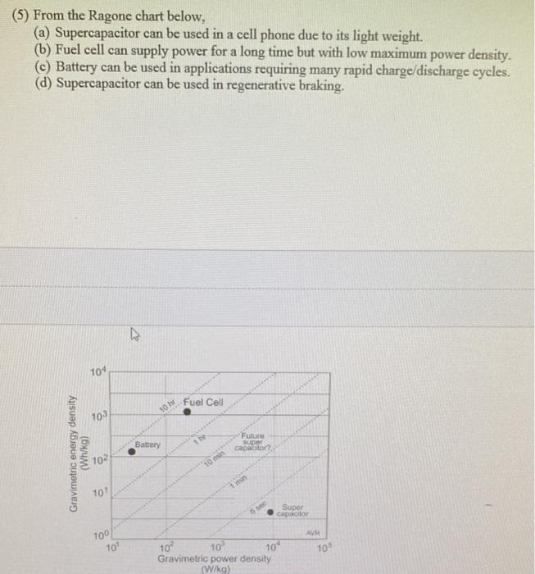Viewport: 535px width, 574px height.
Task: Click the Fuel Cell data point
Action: pos(187,413)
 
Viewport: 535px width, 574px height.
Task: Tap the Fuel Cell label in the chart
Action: pos(203,402)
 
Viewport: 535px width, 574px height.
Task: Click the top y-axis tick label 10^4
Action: pos(97,373)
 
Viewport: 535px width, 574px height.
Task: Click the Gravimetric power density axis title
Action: pos(215,558)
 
